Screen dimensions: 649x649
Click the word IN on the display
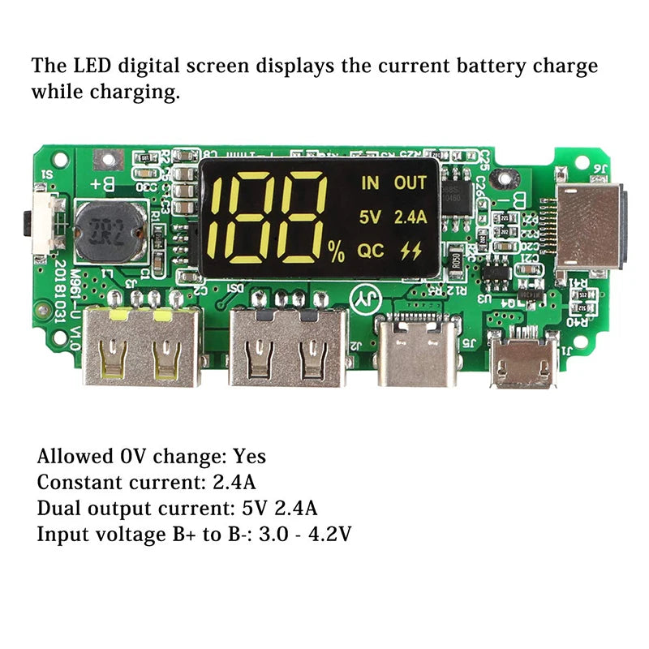(370, 183)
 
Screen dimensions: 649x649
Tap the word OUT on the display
(410, 183)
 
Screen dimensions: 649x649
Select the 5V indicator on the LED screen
(370, 217)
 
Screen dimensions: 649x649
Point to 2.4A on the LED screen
(410, 217)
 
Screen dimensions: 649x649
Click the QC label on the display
(372, 251)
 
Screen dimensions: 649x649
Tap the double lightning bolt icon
(411, 251)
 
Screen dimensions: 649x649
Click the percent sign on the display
(336, 252)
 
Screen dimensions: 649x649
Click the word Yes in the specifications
(249, 457)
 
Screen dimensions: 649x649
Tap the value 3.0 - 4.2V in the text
(305, 534)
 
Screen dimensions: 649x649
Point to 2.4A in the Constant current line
(234, 483)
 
